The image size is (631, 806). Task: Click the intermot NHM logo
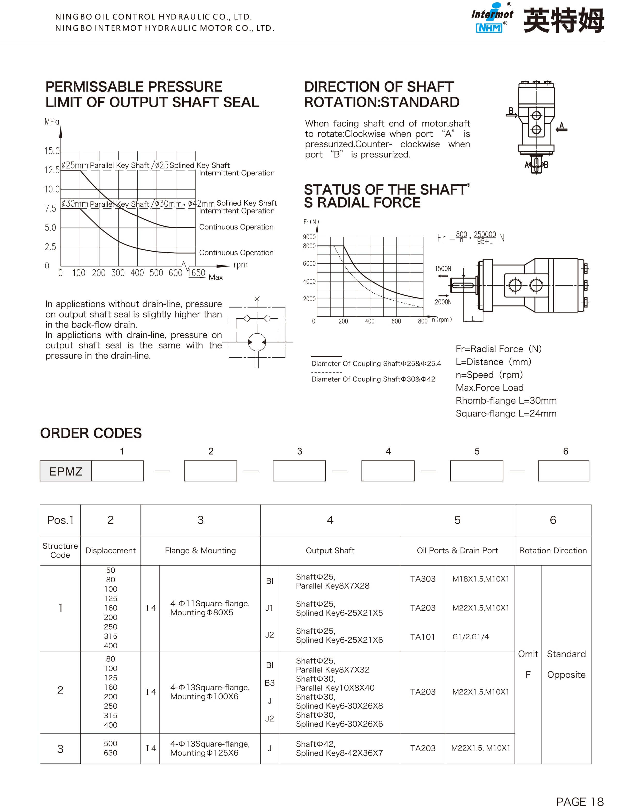pos(492,19)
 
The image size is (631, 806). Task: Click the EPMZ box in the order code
pos(66,471)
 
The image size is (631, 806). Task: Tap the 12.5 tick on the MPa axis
pos(52,170)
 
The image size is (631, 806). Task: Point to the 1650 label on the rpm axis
pos(197,273)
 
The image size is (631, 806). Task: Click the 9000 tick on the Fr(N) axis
pos(309,237)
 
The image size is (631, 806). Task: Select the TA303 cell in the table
pos(423,579)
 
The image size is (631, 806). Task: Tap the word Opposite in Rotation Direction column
pos(566,675)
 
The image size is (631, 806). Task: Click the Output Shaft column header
pos(330,551)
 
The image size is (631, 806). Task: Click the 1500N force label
pos(443,269)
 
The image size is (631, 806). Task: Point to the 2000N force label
pos(443,302)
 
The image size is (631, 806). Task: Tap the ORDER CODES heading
pos(91,433)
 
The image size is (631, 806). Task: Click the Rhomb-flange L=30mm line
pos(506,401)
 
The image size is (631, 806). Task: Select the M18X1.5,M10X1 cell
pos(481,579)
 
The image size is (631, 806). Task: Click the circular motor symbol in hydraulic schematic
pos(257,342)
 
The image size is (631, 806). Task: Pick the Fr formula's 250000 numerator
pos(485,234)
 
